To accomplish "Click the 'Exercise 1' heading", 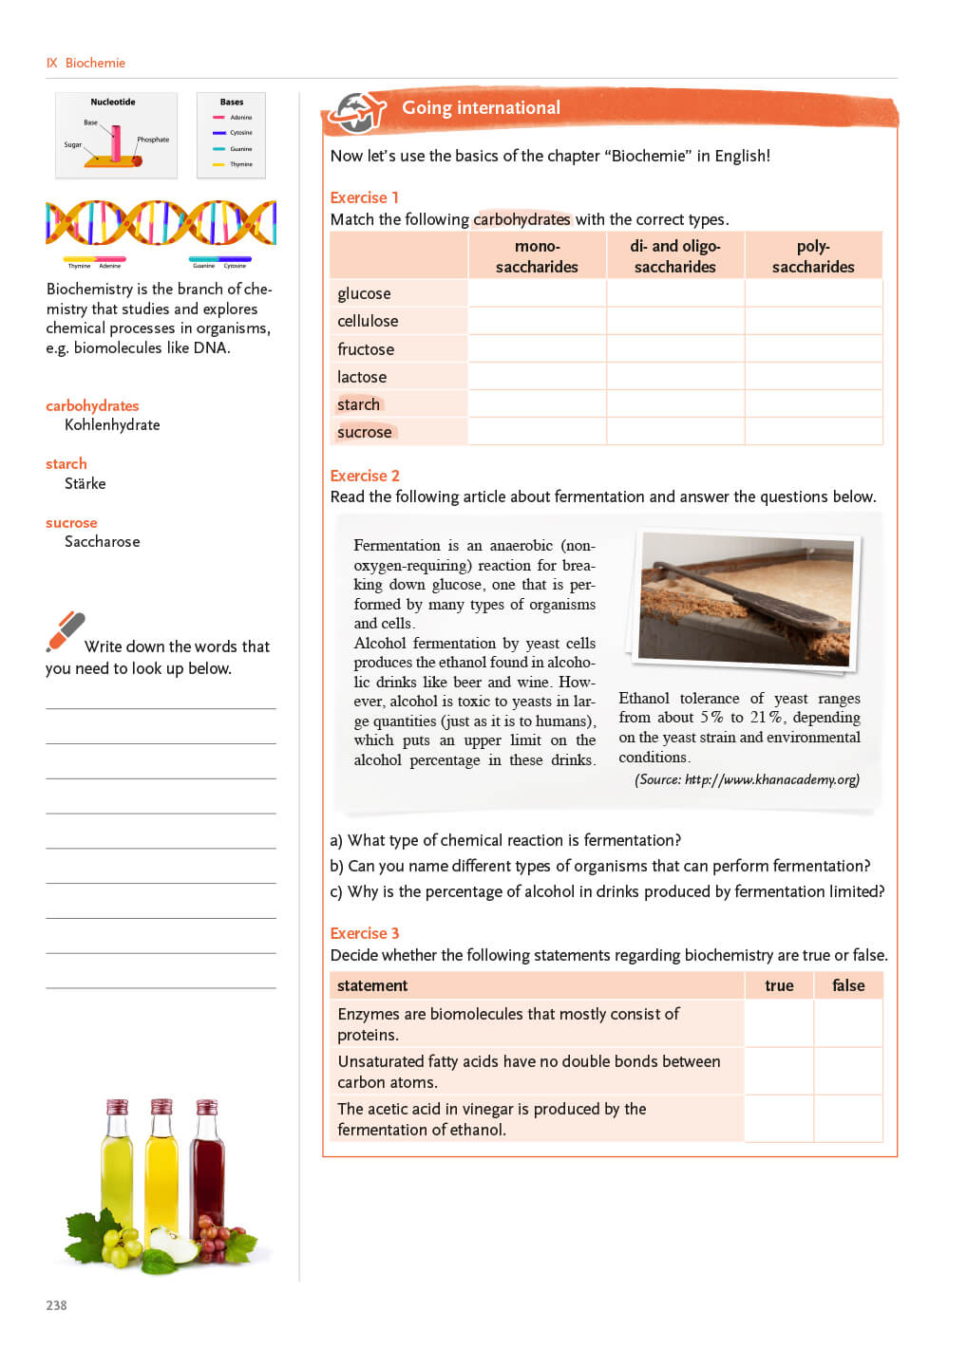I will click(x=364, y=197).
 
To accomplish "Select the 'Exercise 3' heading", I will click(x=364, y=933).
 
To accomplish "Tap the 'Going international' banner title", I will click(x=481, y=108).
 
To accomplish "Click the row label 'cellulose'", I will click(x=368, y=321).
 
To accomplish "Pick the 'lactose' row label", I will click(x=362, y=377).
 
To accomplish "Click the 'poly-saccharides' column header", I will click(x=813, y=256).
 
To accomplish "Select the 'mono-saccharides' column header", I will click(x=537, y=256).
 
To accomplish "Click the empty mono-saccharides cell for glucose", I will click(x=537, y=293).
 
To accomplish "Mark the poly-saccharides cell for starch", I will click(x=813, y=404).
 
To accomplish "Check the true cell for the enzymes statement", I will click(x=779, y=1023).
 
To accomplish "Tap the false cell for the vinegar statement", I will click(x=848, y=1118).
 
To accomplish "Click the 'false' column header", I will click(x=848, y=985).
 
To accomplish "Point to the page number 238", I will click(x=56, y=1305).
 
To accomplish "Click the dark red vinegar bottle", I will click(x=208, y=1172).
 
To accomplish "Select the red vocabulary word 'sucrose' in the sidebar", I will click(x=71, y=523).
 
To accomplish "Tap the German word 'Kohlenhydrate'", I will click(x=112, y=425).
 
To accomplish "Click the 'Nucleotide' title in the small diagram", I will click(x=113, y=103).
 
